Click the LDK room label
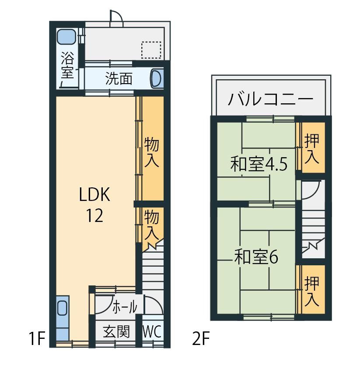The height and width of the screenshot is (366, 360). pos(94,195)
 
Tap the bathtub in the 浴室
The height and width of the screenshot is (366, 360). pos(66,37)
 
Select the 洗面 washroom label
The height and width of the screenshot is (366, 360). pos(119,78)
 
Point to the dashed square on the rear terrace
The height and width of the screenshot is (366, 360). pos(151,50)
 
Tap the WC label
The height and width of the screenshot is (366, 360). pos(152,331)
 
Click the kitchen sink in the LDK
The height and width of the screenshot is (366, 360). pos(63,308)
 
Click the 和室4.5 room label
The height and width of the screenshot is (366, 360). pos(259,164)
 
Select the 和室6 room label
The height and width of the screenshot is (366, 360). pos(256,257)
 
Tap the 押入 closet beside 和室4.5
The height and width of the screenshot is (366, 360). pos(311,148)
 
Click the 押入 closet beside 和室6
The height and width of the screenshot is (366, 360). pos(312,290)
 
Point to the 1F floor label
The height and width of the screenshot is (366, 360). pos(37,339)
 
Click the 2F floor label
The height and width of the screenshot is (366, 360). pos(201,339)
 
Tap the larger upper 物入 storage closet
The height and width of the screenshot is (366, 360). pos(152,148)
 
